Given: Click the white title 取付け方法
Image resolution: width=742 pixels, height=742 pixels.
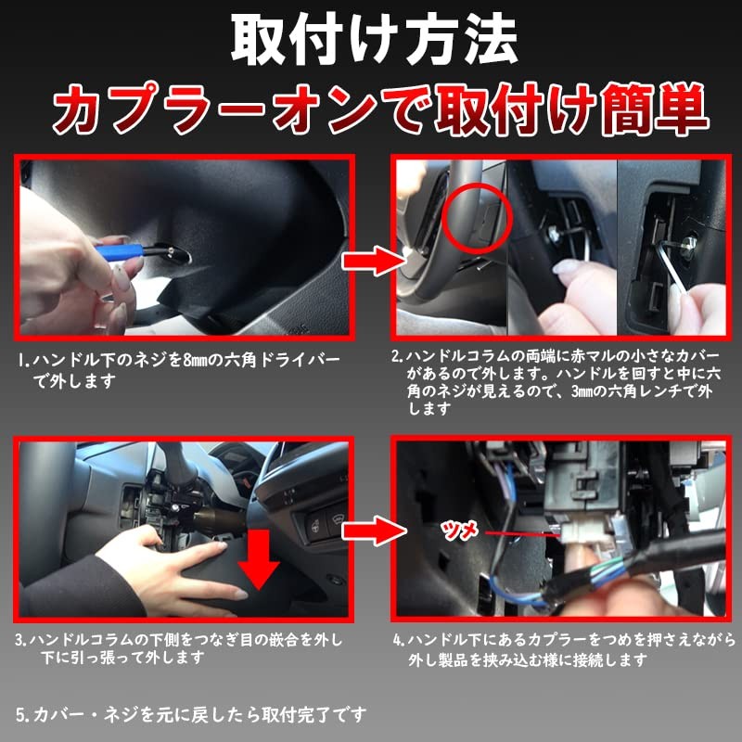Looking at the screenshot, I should (370, 39).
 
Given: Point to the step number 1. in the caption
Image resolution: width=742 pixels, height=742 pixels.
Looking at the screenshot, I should (22, 360).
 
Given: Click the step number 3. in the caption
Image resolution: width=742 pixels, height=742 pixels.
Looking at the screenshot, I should (22, 640).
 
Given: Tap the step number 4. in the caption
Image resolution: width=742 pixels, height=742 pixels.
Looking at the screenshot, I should (398, 640).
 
